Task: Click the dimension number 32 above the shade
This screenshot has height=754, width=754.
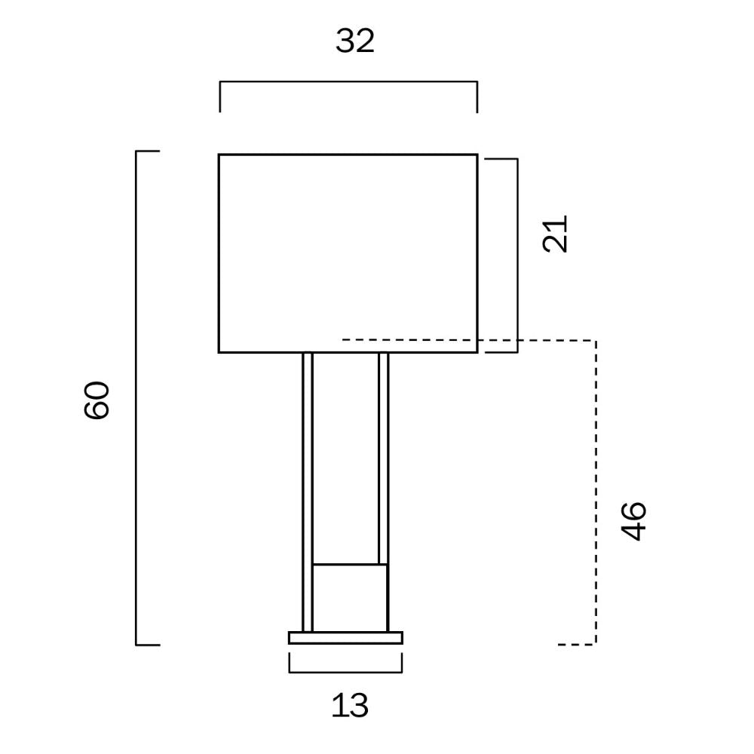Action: point(355,41)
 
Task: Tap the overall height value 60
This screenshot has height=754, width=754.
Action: point(97,400)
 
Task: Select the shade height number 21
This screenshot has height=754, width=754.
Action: point(555,234)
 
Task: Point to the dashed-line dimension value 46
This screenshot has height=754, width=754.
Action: point(633,521)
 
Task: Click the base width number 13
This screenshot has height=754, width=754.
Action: point(350,706)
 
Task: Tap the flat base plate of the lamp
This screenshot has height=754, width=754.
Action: point(345,638)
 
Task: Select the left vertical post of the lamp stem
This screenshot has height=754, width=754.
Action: point(308,492)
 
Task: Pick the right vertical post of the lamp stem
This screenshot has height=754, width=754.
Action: point(383,458)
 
